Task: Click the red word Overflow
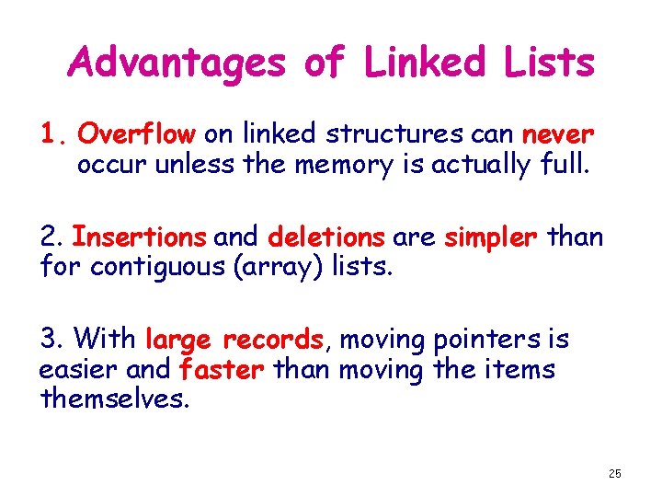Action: click(136, 135)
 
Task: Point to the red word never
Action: click(558, 135)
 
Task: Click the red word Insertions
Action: click(139, 237)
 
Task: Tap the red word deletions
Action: click(326, 237)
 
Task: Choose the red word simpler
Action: click(490, 237)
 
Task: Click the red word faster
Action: click(223, 370)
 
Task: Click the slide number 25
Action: click(614, 473)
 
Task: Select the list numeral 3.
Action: click(50, 341)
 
